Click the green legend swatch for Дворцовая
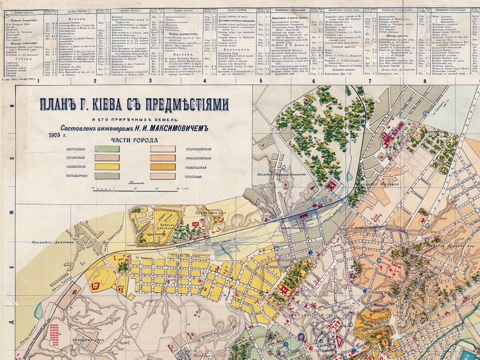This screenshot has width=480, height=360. coord(106,149)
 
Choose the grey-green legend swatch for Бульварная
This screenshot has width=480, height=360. coord(106,176)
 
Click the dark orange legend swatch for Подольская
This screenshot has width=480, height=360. coord(163,167)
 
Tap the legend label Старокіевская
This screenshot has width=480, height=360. coord(195,149)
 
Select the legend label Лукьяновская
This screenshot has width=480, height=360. coord(195,158)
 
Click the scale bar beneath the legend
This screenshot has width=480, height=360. coord(136,188)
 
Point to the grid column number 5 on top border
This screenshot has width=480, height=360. coord(260,80)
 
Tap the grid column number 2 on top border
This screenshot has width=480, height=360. coord(95,80)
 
